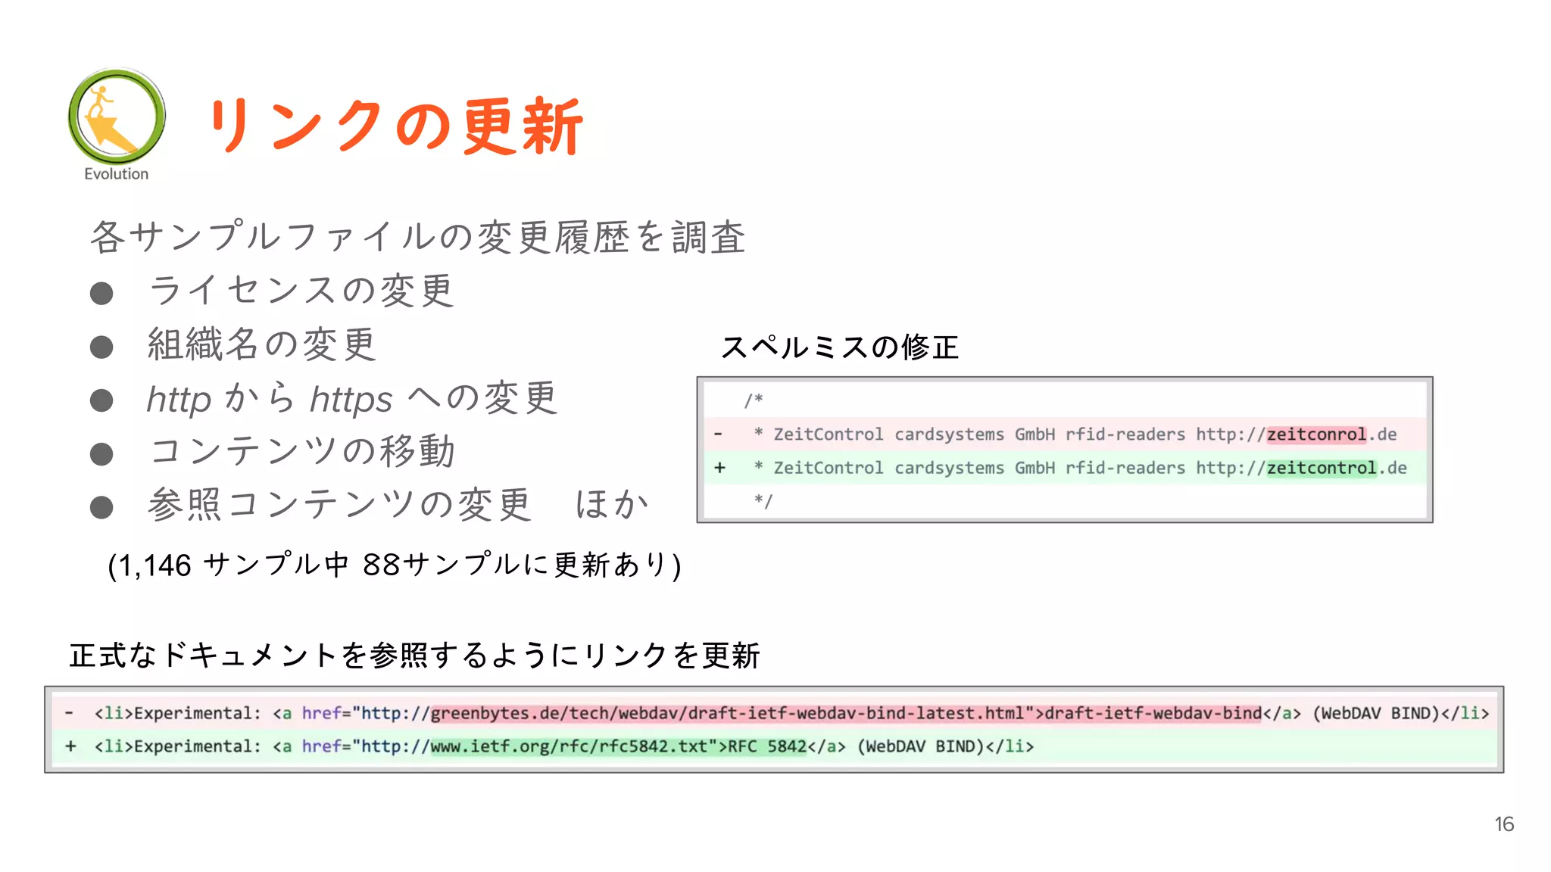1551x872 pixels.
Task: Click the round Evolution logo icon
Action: pos(117,116)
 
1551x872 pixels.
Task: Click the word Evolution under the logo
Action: pos(116,174)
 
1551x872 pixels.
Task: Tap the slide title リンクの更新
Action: pos(395,126)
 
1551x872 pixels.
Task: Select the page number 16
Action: pos(1503,824)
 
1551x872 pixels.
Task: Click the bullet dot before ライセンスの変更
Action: pos(101,294)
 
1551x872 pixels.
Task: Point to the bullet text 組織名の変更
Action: pos(261,344)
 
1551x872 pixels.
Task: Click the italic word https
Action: pos(351,399)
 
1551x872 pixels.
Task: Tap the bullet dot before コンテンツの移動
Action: pos(101,454)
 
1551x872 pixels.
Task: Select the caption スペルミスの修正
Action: pos(839,347)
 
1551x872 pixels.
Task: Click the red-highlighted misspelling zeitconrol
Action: pos(1316,434)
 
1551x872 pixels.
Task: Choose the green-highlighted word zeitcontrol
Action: pos(1322,468)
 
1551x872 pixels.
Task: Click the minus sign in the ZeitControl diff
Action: pos(718,434)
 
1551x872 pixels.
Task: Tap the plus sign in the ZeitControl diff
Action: pos(719,468)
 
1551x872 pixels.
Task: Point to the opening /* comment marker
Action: pos(754,400)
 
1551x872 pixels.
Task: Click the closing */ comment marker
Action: pos(763,501)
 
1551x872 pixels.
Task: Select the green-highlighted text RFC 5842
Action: pos(767,746)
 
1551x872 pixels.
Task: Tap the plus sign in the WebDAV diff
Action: pos(70,746)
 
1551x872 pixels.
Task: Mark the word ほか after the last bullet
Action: pos(611,505)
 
